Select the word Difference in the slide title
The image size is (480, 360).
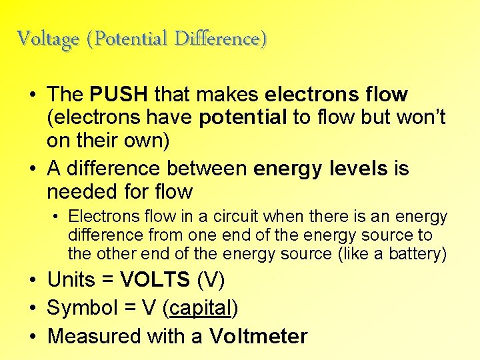click(220, 39)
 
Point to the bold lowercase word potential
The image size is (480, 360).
click(243, 118)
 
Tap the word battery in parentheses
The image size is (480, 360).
click(417, 254)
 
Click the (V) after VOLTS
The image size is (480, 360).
click(213, 280)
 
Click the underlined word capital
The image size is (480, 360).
click(202, 308)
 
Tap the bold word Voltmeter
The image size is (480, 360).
click(258, 336)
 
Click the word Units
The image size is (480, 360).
click(71, 280)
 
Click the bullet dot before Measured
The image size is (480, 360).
click(33, 337)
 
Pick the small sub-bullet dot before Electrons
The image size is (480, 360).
click(58, 217)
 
